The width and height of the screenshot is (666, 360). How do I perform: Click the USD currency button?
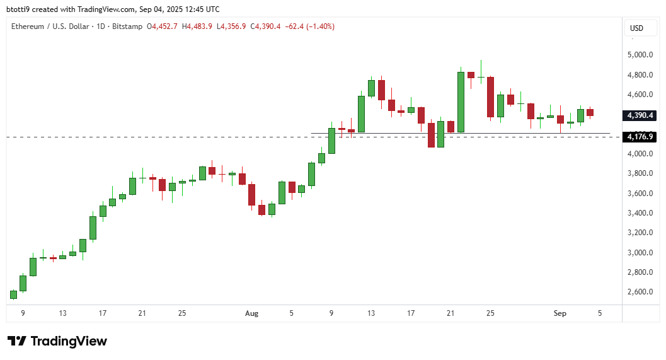(636, 28)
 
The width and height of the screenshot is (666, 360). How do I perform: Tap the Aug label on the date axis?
(251, 313)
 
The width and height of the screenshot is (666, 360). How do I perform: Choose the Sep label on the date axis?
(560, 313)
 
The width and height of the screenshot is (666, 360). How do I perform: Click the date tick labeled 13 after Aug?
(372, 313)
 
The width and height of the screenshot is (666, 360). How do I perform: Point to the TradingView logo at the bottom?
(57, 341)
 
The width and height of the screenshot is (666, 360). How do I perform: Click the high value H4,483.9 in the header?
(197, 26)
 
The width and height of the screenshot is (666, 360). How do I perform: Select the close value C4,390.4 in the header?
(266, 26)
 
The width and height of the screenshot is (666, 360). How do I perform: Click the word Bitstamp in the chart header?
(127, 26)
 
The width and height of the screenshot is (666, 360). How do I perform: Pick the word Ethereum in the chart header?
(28, 26)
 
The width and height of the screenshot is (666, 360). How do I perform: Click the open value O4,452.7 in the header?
(162, 26)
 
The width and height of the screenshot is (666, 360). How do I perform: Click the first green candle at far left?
(13, 294)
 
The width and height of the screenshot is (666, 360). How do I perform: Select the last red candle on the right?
(590, 112)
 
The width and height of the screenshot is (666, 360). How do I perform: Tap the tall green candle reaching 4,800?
(461, 102)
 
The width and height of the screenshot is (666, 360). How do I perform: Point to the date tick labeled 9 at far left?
(23, 313)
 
